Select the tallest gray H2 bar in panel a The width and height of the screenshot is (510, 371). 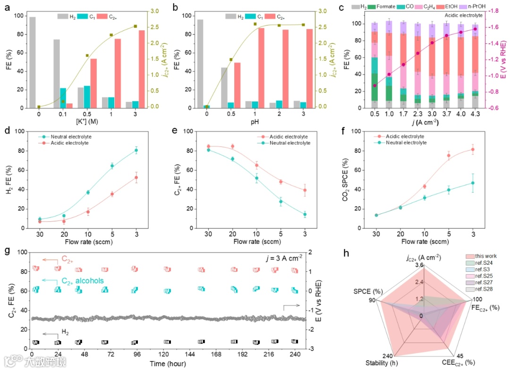(x=33, y=62)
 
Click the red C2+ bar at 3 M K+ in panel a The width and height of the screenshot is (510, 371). (x=141, y=69)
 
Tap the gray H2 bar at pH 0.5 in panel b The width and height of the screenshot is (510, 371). (x=224, y=88)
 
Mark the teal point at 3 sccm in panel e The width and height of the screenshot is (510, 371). (x=305, y=214)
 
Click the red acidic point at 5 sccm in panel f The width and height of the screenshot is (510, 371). (x=449, y=156)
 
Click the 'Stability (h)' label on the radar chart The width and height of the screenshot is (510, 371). (x=382, y=363)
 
